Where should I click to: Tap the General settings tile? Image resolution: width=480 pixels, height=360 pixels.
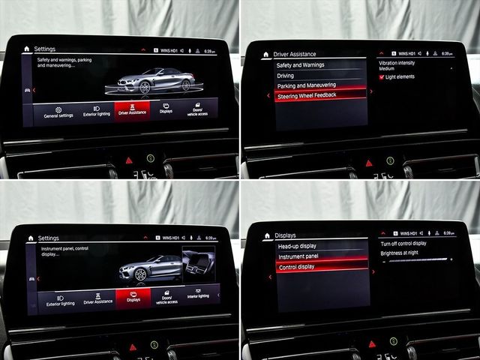click(58, 112)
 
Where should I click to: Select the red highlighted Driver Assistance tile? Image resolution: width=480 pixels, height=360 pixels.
click(132, 109)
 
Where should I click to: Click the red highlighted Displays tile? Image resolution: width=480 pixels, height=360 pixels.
click(133, 296)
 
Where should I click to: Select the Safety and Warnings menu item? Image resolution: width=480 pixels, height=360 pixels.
click(301, 65)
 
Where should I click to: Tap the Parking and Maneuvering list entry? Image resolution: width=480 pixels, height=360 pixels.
click(307, 85)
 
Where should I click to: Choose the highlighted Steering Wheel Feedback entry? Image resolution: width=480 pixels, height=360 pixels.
click(307, 96)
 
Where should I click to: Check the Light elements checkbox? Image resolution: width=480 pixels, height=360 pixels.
click(382, 76)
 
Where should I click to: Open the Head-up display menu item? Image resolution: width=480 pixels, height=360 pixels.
click(297, 246)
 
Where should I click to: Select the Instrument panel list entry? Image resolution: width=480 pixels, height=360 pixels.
click(298, 256)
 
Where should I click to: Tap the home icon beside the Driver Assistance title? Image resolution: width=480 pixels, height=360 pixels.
click(266, 54)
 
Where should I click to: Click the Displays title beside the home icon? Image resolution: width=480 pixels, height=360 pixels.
click(286, 235)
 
